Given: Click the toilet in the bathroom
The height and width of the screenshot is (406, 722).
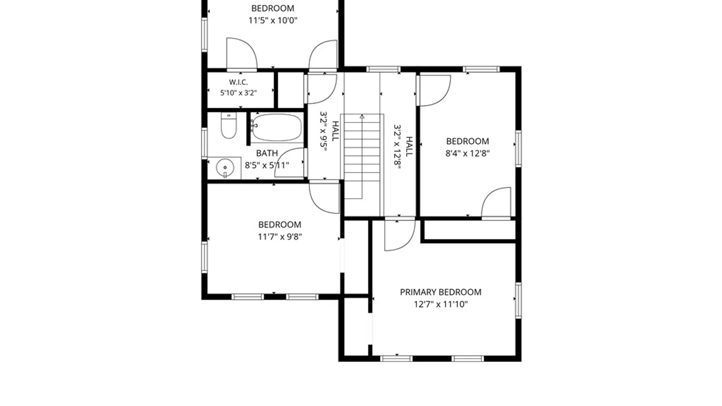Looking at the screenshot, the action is tap(229, 126).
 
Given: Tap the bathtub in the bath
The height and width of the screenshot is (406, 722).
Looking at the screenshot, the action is tap(277, 127).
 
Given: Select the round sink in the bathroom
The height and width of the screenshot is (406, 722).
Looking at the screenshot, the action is tap(225, 168).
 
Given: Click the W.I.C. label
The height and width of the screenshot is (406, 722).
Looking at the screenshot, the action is tap(238, 82).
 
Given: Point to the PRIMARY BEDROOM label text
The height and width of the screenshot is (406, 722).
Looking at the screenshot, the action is tap(440, 292).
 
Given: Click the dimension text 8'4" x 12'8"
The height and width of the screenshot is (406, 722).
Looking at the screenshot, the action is tap(467, 153).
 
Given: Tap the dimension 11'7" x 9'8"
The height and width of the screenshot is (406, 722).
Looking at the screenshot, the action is tap(279, 236).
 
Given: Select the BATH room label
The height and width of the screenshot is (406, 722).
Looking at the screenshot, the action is tap(267, 153).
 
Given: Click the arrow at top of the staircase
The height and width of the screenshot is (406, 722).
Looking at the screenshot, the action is tap(362, 117).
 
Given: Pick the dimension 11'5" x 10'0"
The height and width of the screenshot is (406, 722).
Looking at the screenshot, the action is tap(273, 20).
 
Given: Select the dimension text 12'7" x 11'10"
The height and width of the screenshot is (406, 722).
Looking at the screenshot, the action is tap(440, 304).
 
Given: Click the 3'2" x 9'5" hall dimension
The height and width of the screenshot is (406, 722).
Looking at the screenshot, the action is tap(323, 131).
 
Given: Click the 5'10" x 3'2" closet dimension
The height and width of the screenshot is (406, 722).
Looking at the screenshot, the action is tap(238, 92).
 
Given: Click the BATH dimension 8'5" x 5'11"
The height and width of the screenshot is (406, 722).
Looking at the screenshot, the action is tap(267, 165).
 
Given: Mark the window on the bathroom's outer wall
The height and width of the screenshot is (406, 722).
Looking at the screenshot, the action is tap(205, 143).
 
